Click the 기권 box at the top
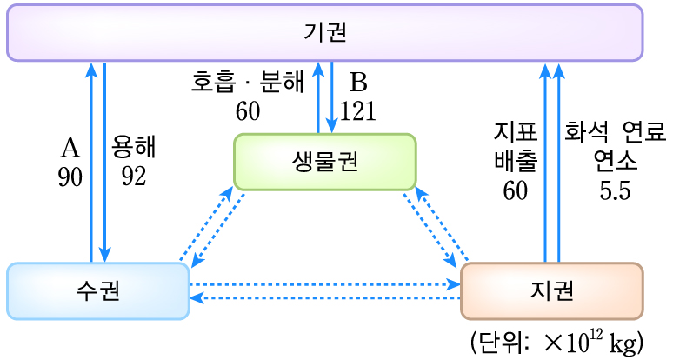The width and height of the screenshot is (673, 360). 324,33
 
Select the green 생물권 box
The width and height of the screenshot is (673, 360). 324,162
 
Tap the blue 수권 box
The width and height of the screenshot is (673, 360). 97,290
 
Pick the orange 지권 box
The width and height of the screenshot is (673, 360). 551,290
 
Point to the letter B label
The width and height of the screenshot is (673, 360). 358,83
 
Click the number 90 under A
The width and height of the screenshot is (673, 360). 70,177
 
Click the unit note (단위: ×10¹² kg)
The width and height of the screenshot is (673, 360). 556,342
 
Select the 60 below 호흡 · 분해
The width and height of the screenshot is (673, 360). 248,112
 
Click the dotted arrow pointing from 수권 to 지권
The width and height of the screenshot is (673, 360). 324,284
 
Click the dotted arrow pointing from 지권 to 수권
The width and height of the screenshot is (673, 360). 324,298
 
